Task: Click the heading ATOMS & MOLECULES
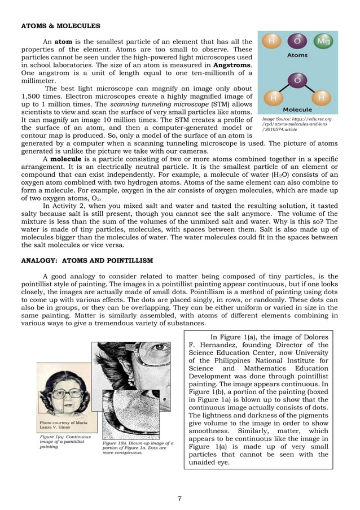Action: (60, 26)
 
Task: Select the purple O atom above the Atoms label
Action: (297, 41)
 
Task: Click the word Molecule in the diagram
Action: (297, 109)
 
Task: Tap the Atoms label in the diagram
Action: (297, 56)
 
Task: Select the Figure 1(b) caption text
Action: (137, 450)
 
